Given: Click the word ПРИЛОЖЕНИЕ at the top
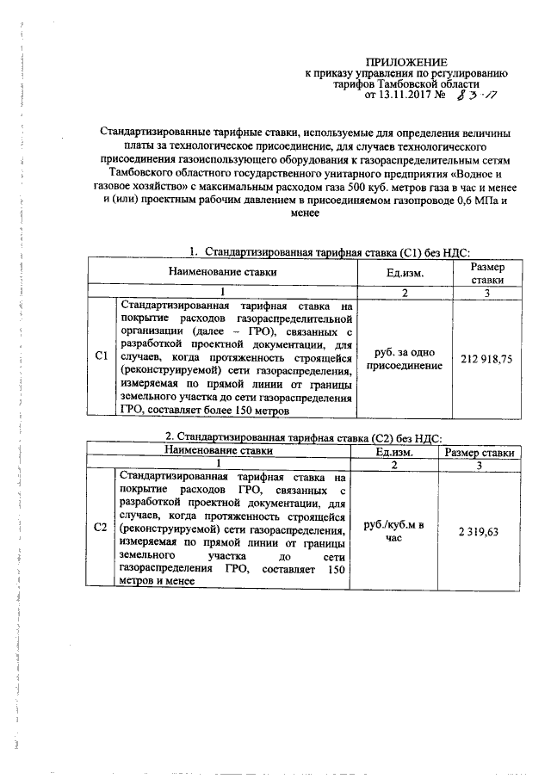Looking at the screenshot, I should click(407, 62).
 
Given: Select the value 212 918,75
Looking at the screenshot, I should click(486, 358).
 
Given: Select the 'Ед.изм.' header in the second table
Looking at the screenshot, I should click(396, 452).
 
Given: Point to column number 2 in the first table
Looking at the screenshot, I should click(405, 293).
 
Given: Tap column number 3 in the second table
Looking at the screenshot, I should click(479, 465).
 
